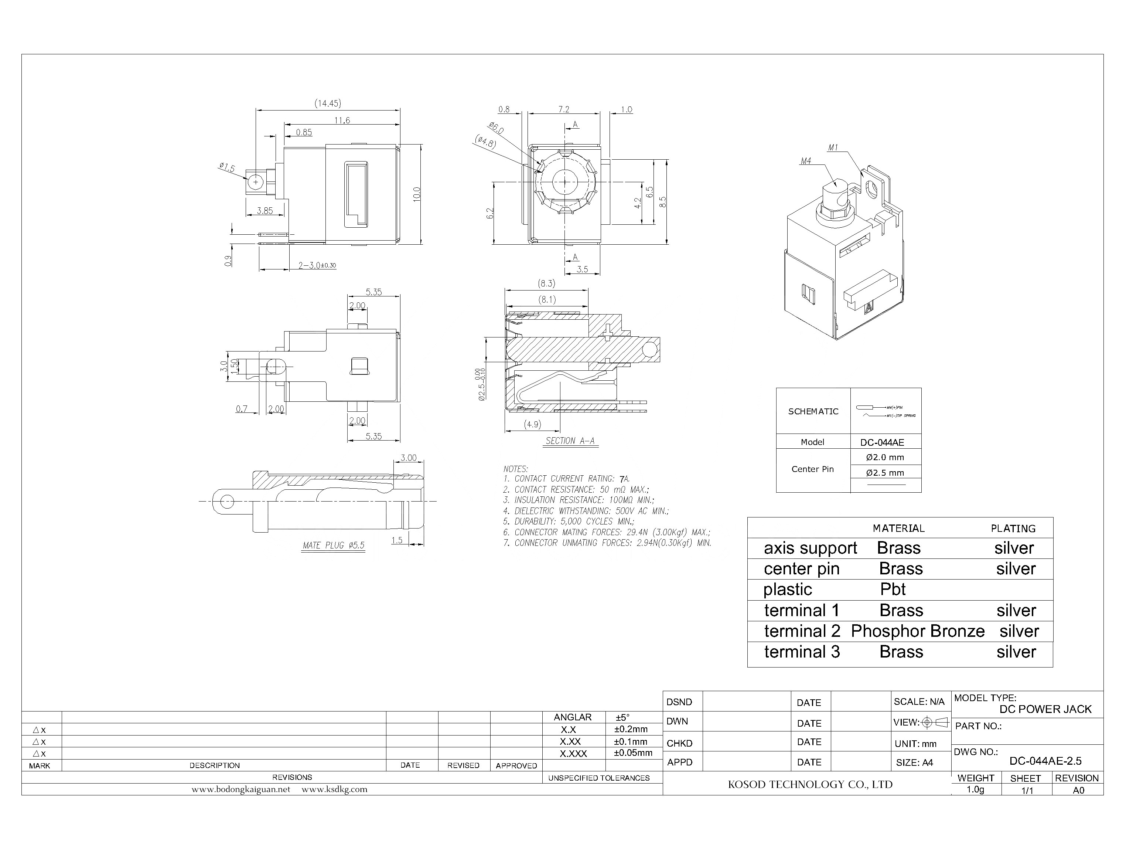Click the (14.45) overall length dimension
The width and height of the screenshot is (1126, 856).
[x=327, y=103]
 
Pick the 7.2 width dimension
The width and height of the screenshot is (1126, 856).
[x=563, y=109]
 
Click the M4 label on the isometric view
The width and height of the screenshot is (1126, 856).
[x=805, y=161]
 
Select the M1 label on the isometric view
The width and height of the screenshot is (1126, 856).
[x=833, y=148]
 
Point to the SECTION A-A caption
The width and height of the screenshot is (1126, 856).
[x=570, y=441]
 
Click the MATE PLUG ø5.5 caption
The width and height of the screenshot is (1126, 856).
[x=334, y=545]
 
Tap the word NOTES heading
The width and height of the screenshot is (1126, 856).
[x=515, y=469]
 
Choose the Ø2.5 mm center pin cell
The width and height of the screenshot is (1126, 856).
[x=885, y=472]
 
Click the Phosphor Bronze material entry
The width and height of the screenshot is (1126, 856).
[x=917, y=631]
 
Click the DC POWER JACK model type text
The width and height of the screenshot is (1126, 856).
[x=1045, y=709]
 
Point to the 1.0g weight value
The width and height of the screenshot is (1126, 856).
[x=975, y=790]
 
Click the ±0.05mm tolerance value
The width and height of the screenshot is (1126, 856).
[x=633, y=753]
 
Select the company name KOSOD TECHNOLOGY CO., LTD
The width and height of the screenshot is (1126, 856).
[x=810, y=785]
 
